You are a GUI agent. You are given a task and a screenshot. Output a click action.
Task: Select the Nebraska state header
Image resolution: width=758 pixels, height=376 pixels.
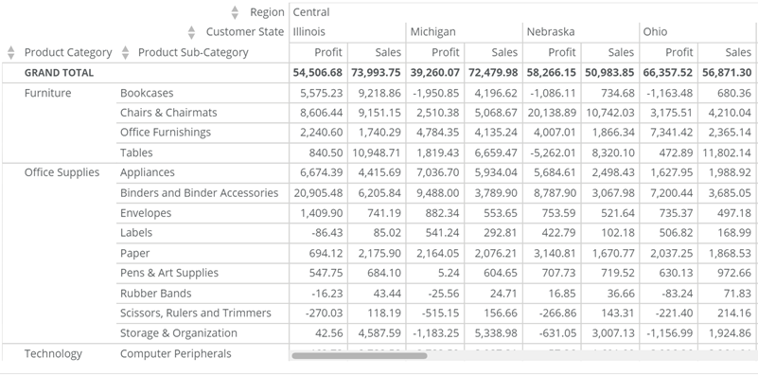pos(551,32)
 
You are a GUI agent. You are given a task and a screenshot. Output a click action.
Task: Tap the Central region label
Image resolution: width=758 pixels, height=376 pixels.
pos(311,12)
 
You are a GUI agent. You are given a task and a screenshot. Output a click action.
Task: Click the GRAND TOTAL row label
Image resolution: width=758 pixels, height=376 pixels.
pos(59,73)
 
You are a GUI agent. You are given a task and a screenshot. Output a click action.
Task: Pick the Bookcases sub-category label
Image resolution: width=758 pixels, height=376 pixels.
pos(148,93)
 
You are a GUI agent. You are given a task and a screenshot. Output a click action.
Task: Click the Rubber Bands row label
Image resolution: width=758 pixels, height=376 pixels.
pos(155,293)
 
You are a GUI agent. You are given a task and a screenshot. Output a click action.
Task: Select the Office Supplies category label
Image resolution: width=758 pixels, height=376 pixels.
pos(62,173)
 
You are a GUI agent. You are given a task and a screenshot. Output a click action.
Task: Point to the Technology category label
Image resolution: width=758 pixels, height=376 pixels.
pos(53,354)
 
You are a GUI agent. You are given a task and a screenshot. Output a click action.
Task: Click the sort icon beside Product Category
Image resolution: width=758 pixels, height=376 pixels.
pos(11,52)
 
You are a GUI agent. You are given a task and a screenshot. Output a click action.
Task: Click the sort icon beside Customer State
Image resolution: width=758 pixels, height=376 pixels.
pos(192,32)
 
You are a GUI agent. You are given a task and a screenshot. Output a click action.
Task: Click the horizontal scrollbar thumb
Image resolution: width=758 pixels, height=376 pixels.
pos(360,356)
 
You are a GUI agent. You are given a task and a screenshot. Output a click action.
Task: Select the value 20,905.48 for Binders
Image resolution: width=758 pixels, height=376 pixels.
pos(318,193)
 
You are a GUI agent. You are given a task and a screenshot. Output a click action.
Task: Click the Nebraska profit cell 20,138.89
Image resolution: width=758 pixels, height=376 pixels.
pos(552,113)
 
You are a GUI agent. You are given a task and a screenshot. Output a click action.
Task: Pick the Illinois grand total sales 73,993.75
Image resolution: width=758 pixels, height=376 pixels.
pos(377,73)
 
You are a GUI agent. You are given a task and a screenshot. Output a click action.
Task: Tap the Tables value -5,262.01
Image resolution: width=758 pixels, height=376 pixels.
pos(554,153)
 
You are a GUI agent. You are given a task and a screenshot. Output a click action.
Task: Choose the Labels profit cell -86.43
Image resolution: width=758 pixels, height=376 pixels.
pos(326,233)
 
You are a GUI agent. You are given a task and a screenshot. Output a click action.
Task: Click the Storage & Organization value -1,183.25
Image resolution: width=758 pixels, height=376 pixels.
pos(435,333)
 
